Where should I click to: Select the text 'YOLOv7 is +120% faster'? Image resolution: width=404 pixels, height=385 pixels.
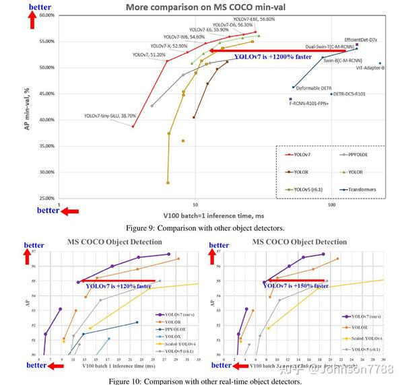(125, 286)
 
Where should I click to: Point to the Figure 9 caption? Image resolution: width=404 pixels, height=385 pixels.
(208, 229)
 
